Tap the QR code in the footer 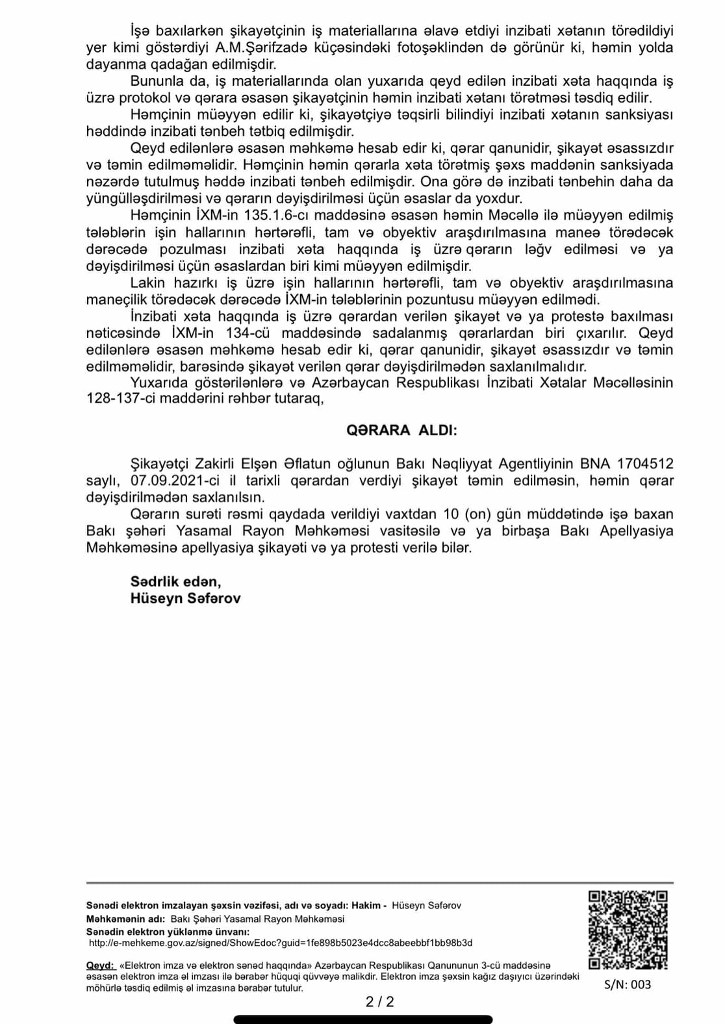628,929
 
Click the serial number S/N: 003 627,984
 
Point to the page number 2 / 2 380,1002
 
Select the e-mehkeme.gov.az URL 280,943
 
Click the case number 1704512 645,464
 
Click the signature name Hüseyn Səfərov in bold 185,598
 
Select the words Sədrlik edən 175,582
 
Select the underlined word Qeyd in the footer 99,966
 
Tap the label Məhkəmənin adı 125,919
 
